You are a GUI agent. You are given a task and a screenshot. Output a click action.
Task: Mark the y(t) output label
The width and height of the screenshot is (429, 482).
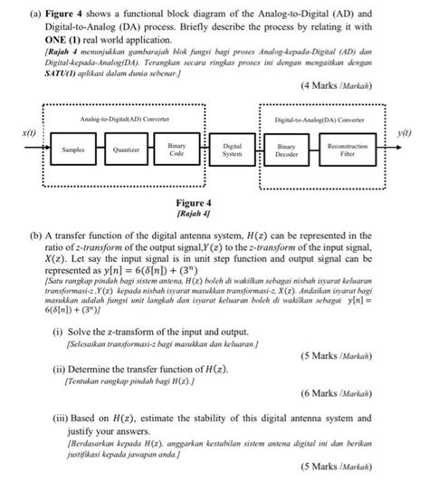point(404,133)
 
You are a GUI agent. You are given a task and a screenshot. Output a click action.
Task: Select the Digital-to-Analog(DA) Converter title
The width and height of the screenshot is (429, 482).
point(325,120)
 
